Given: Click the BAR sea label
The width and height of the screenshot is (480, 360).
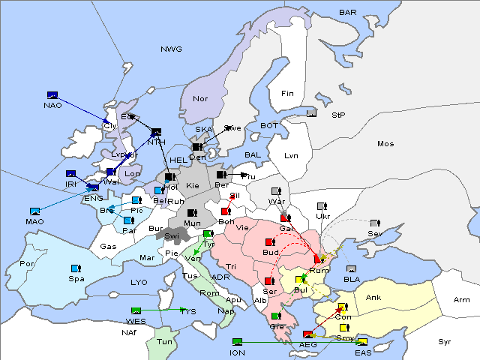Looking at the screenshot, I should click(x=348, y=13).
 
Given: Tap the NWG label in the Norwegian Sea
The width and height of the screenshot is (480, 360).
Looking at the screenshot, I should click(x=171, y=49).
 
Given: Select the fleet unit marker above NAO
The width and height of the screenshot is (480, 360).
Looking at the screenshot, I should click(x=52, y=95).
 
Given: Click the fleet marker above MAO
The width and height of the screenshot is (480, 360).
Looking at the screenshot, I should click(x=34, y=211).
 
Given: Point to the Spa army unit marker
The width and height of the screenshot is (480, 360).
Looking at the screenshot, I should click(x=75, y=268).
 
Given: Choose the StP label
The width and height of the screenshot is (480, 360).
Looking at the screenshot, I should click(x=337, y=115).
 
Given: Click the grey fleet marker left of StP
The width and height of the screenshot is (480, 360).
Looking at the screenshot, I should click(x=312, y=113).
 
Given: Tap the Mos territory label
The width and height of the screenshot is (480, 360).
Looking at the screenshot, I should click(x=385, y=143).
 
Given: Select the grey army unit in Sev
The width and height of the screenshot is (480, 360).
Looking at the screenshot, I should click(x=375, y=223).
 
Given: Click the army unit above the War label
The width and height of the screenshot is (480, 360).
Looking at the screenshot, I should click(x=276, y=190).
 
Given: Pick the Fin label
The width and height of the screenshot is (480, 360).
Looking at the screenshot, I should click(x=286, y=94).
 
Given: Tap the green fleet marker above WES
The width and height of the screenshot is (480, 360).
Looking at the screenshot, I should click(x=136, y=311).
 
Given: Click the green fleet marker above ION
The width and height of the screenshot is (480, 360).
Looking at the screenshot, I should click(x=238, y=342).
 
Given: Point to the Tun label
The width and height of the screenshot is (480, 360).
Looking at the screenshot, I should click(x=164, y=342).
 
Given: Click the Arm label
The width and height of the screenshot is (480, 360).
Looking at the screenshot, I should click(x=462, y=300).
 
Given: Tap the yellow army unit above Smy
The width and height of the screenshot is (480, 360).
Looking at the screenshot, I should click(x=344, y=328).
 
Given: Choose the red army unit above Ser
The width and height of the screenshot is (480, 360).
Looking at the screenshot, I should click(x=269, y=281).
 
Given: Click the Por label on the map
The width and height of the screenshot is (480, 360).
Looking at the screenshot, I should click(x=27, y=264).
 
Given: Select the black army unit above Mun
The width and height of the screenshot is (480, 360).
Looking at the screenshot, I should click(x=192, y=213).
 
